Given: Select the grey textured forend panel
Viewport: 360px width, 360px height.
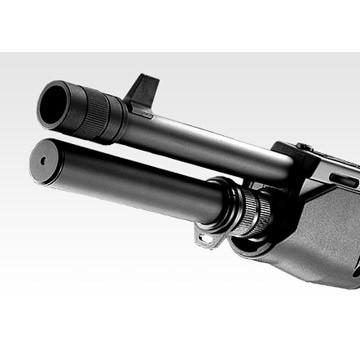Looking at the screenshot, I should click(x=320, y=230).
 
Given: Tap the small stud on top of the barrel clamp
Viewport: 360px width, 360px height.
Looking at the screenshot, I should click(x=301, y=148).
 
